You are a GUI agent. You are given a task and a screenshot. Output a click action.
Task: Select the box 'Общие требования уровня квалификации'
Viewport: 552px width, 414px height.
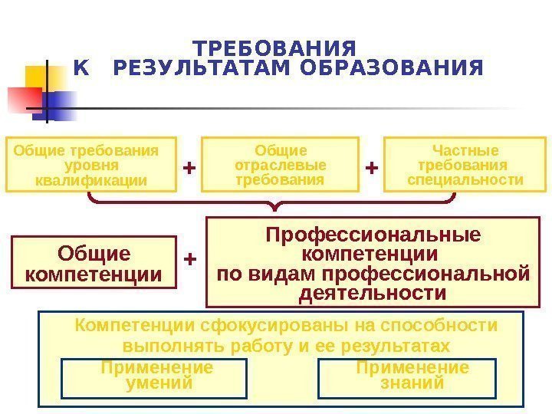pos(91,164)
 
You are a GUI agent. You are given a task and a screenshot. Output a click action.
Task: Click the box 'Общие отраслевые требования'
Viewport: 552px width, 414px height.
pos(280,164)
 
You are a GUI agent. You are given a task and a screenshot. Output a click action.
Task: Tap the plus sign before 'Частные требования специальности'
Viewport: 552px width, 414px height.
pos(372,166)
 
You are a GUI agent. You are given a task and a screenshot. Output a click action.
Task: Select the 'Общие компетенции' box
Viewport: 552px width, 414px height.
pos(94,264)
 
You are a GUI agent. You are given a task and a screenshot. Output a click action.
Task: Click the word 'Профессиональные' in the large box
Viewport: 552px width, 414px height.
pos(373,234)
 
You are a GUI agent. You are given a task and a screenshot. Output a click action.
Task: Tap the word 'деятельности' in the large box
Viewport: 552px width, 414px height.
pos(373,293)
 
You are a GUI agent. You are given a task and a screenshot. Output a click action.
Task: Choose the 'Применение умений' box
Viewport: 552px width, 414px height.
pos(157,376)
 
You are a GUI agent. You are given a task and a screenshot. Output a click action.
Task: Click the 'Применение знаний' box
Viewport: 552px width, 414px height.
pos(412,376)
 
